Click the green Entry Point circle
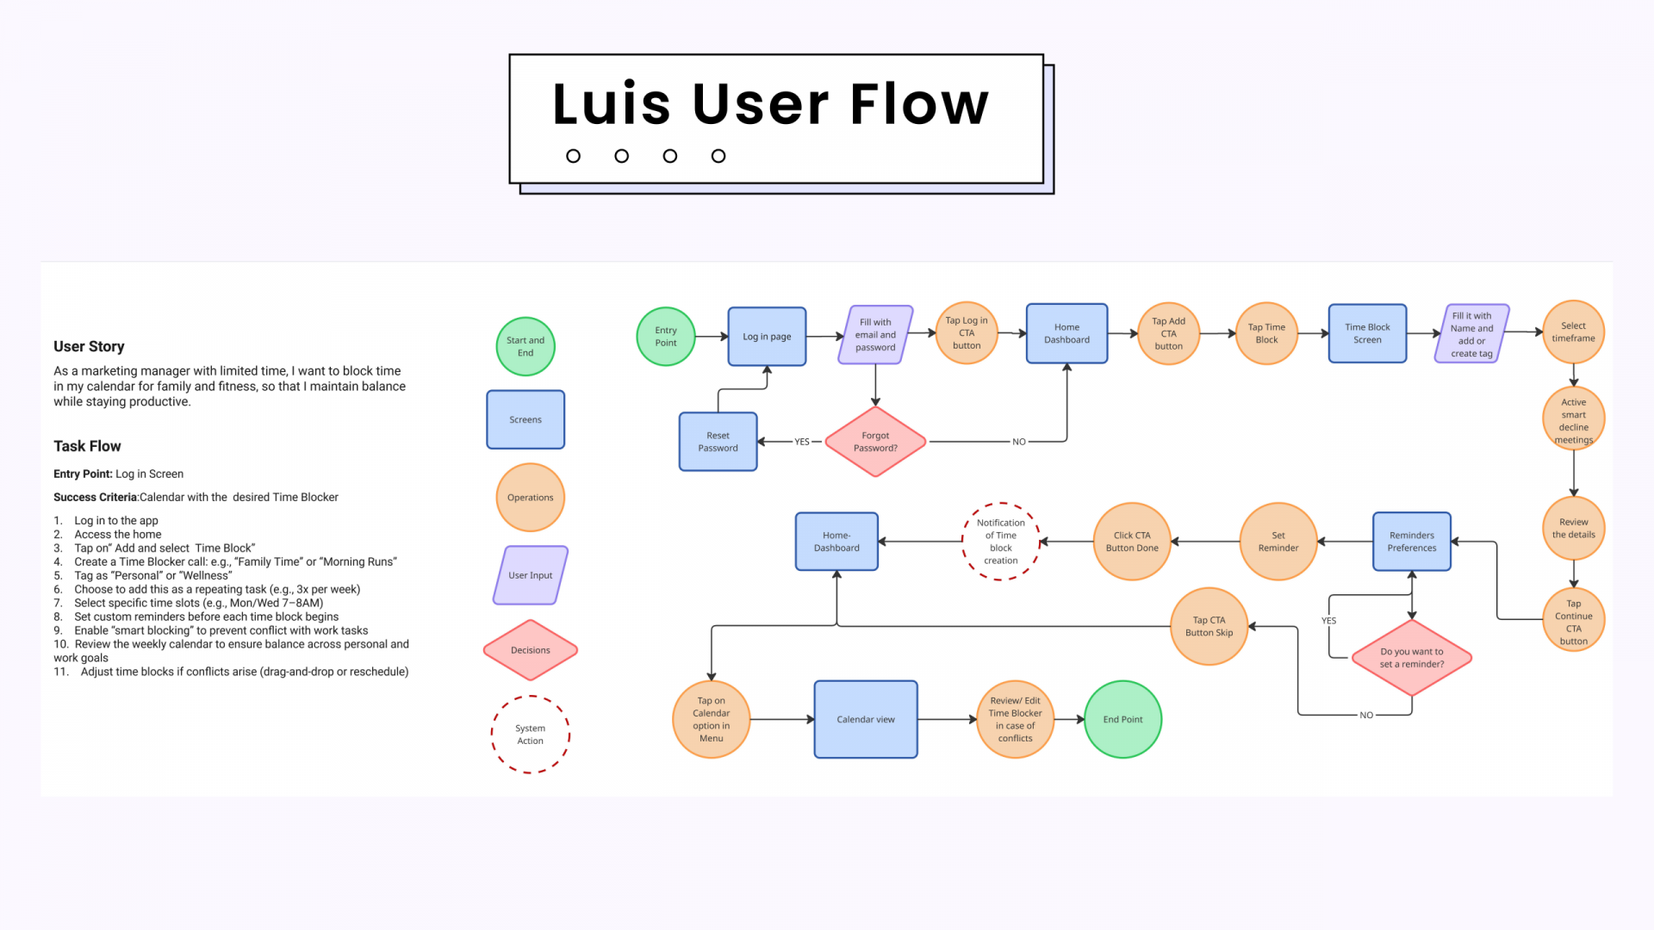pyautogui.click(x=665, y=337)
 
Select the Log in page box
pyautogui.click(x=767, y=337)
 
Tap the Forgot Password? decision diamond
pyautogui.click(x=875, y=442)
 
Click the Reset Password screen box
pyautogui.click(x=718, y=442)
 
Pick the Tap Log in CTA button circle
pyautogui.click(x=967, y=333)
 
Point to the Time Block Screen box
pyautogui.click(x=1367, y=333)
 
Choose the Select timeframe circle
pyautogui.click(x=1573, y=332)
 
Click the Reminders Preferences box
pyautogui.click(x=1412, y=542)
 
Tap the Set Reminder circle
pyautogui.click(x=1278, y=542)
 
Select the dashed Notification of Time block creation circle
pyautogui.click(x=1001, y=542)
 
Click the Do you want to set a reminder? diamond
pyautogui.click(x=1412, y=658)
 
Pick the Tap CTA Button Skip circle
pyautogui.click(x=1209, y=627)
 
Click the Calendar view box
pyautogui.click(x=866, y=720)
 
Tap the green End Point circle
pyautogui.click(x=1122, y=720)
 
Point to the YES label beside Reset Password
pyautogui.click(x=802, y=442)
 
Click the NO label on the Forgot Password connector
pyautogui.click(x=1019, y=442)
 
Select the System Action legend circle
pyautogui.click(x=530, y=735)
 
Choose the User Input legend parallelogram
pyautogui.click(x=530, y=575)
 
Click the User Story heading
pyautogui.click(x=89, y=346)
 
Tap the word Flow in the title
pyautogui.click(x=919, y=104)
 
